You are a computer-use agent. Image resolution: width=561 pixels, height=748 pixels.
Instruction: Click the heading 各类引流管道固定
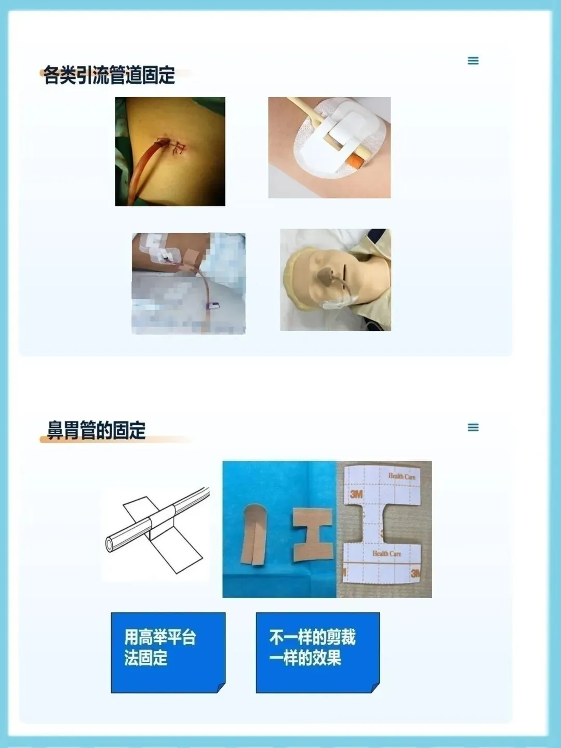click(x=109, y=75)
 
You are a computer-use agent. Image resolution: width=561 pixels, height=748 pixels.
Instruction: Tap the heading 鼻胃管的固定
click(x=97, y=430)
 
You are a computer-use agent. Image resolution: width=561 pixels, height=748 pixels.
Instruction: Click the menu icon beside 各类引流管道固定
click(x=473, y=61)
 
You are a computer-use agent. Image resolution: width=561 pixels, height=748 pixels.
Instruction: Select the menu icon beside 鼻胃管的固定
click(x=473, y=428)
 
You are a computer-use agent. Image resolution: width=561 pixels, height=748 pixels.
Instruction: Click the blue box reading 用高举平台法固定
click(x=168, y=652)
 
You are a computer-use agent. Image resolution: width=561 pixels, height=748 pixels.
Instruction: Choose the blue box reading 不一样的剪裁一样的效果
click(x=318, y=652)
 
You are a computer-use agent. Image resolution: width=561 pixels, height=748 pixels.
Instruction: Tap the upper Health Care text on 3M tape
click(x=402, y=476)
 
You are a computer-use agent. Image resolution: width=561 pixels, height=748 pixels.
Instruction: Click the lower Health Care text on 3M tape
click(x=386, y=553)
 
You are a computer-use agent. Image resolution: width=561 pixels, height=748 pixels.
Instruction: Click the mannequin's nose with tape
click(x=326, y=272)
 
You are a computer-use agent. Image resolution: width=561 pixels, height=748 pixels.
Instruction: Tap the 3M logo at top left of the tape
click(x=356, y=494)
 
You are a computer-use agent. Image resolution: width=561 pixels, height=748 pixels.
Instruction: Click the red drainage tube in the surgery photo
click(x=148, y=170)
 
